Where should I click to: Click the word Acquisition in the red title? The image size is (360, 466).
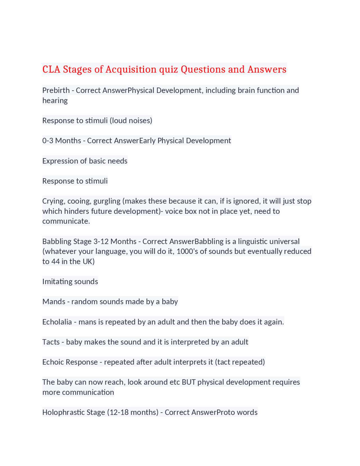(x=131, y=69)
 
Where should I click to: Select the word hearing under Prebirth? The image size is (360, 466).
(x=55, y=100)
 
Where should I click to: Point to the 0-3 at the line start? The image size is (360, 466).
(x=48, y=140)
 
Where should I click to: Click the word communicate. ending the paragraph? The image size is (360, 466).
(x=66, y=221)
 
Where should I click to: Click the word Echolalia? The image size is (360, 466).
(x=57, y=322)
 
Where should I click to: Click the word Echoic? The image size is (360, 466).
(x=54, y=362)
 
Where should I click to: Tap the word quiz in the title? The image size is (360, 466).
(x=168, y=69)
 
